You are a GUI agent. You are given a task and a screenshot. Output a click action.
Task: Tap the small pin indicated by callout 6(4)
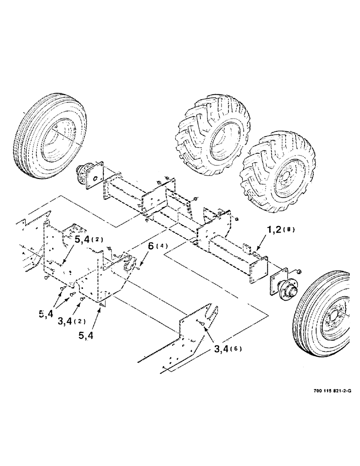click(x=139, y=268)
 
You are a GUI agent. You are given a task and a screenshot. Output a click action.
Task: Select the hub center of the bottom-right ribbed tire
click(x=334, y=318)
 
